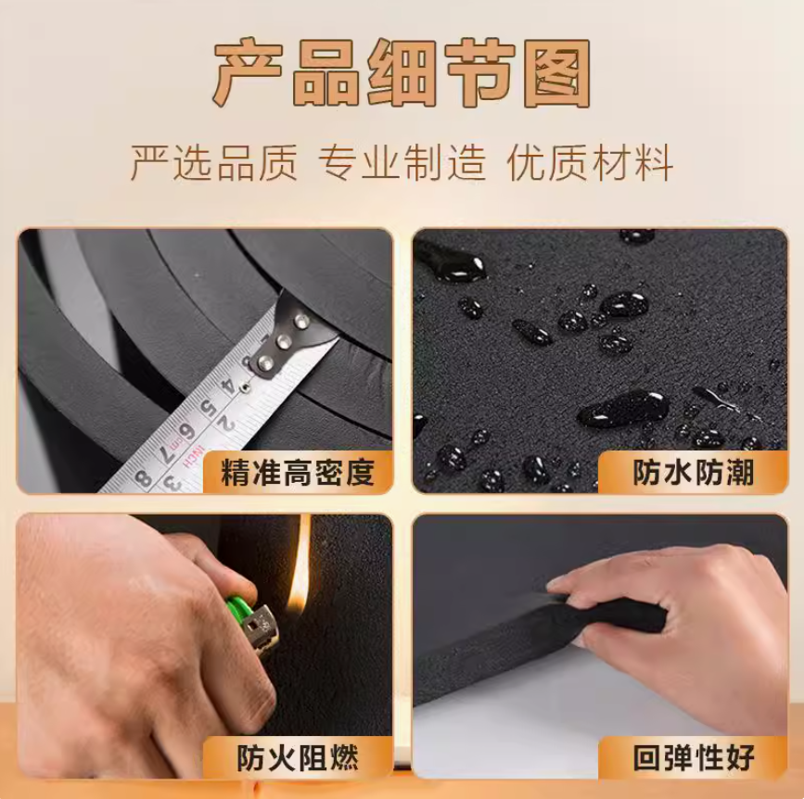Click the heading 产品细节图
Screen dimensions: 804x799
click(x=402, y=72)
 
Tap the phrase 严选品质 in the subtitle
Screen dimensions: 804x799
click(x=214, y=162)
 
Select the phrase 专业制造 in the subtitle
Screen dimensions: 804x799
click(x=402, y=162)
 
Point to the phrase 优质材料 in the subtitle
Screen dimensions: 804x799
click(x=590, y=162)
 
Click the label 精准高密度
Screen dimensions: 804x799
click(x=298, y=473)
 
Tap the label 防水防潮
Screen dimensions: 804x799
click(x=694, y=472)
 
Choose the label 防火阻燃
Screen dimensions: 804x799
click(x=298, y=758)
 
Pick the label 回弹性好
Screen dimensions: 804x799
click(x=694, y=758)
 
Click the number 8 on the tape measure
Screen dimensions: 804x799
click(x=144, y=477)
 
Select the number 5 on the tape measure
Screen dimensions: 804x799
click(x=208, y=408)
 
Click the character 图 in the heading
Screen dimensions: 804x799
click(x=560, y=72)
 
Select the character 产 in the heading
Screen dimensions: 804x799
click(x=246, y=72)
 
